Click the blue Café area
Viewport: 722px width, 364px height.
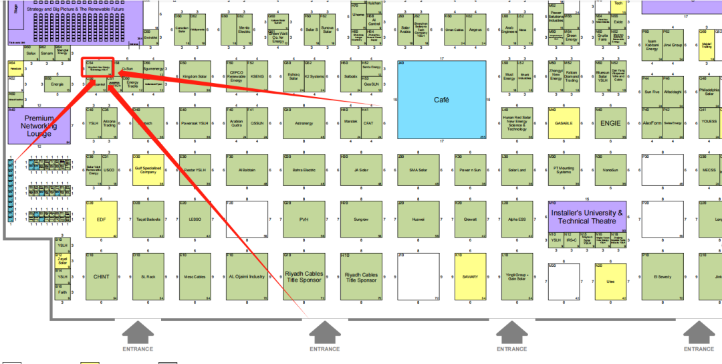[441, 100]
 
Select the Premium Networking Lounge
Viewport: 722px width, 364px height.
[39, 126]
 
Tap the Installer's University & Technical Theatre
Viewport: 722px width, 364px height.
[586, 216]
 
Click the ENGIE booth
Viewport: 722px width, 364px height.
[610, 123]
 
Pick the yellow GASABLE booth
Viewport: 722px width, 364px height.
[563, 123]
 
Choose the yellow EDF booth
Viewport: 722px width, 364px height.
[102, 219]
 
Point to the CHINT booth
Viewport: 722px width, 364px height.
[102, 276]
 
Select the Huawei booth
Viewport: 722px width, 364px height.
[418, 219]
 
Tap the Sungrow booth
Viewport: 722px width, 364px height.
[361, 219]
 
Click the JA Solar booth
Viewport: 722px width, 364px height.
[361, 170]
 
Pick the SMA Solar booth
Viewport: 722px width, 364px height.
[418, 170]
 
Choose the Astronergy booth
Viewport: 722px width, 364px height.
[304, 123]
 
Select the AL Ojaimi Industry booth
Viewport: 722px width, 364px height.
[247, 276]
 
